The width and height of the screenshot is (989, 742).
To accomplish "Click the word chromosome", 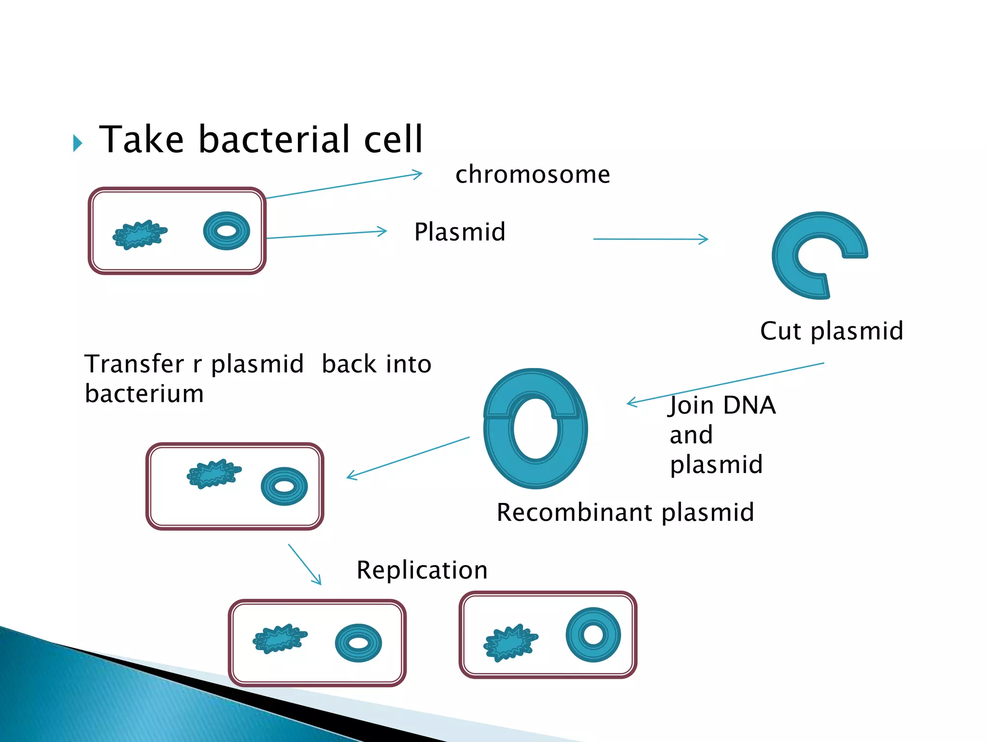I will tap(532, 175).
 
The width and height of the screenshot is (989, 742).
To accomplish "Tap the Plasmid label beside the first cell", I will tap(460, 232).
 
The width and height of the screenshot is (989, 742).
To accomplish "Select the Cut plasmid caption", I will tap(831, 331).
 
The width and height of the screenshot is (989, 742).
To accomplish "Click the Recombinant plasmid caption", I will tap(625, 513).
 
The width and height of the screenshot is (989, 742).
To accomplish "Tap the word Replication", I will tap(422, 571).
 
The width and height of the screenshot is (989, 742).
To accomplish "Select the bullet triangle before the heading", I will tap(77, 143).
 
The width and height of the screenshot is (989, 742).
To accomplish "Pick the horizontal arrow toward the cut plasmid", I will tap(650, 239).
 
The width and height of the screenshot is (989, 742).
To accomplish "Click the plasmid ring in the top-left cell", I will tap(226, 231).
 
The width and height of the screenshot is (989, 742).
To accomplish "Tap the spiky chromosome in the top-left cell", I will tap(140, 235).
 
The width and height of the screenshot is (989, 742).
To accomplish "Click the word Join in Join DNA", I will tap(691, 406).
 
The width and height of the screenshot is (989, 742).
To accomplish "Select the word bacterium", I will tap(144, 394).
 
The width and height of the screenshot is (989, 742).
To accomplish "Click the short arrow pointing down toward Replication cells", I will tap(305, 564).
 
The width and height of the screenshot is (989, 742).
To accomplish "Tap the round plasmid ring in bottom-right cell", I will tap(593, 635).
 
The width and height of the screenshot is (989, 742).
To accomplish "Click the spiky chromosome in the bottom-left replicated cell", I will tap(280, 639).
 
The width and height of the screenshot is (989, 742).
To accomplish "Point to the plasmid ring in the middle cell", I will tap(284, 486).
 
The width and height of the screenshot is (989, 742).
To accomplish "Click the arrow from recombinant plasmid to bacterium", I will tap(408, 458).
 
